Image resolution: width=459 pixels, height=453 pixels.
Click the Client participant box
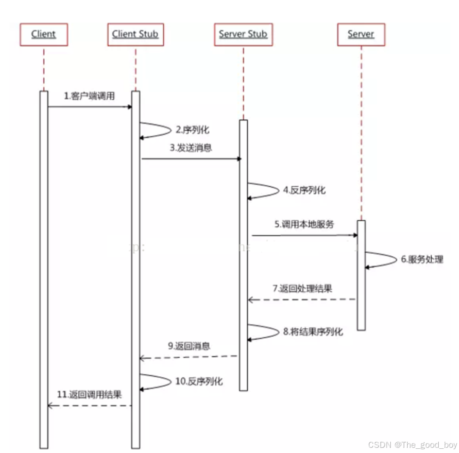[x=44, y=34]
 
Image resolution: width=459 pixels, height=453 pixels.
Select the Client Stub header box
[x=136, y=34]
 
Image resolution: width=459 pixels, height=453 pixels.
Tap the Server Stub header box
[x=243, y=34]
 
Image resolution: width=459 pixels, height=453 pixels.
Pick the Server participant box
[x=361, y=34]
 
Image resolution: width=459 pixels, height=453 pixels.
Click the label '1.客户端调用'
[x=89, y=96]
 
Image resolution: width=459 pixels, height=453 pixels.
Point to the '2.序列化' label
[x=193, y=129]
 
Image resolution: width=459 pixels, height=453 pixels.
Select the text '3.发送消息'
[x=191, y=148]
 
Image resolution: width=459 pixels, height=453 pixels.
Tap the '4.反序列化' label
[x=304, y=191]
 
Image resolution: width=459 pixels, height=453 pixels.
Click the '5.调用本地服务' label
[x=305, y=224]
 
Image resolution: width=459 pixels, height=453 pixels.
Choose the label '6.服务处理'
[x=422, y=259]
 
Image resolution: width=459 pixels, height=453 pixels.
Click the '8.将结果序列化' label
[x=313, y=332]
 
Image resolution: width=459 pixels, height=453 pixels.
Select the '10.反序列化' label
[x=199, y=381]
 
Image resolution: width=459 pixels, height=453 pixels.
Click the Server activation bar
[x=361, y=275]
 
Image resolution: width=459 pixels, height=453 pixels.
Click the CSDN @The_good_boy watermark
[x=412, y=445]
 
